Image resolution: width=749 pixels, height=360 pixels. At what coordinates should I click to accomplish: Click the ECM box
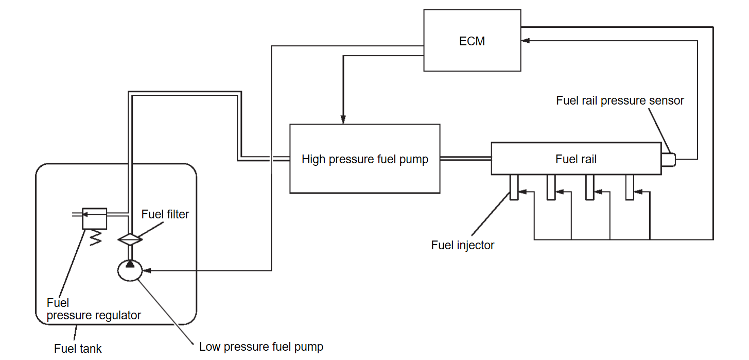click(472, 41)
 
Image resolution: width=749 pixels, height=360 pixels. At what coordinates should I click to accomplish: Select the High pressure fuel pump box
click(364, 159)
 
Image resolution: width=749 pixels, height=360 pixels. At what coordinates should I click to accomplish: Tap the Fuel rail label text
click(576, 159)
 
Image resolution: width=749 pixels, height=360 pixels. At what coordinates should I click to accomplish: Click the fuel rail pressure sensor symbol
click(668, 160)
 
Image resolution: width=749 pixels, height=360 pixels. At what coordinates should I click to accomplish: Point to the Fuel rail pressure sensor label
click(620, 100)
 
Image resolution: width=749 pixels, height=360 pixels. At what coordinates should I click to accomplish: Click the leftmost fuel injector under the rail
click(514, 187)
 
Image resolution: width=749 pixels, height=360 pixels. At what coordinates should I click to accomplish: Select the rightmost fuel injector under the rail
click(630, 187)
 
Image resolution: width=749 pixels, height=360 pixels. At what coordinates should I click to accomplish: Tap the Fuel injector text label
click(462, 245)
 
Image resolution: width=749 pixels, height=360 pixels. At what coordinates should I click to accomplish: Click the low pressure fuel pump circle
click(130, 270)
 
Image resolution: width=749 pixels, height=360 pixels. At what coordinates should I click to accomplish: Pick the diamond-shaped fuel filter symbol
click(130, 238)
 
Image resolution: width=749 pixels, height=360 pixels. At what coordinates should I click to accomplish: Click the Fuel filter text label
click(165, 214)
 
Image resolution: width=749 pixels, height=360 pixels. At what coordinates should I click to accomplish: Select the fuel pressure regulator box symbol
click(95, 218)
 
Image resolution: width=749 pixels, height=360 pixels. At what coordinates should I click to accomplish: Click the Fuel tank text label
click(78, 349)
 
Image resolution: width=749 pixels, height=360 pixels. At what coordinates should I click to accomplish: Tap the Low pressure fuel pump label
click(261, 347)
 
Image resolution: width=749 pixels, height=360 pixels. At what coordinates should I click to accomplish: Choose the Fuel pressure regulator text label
click(93, 309)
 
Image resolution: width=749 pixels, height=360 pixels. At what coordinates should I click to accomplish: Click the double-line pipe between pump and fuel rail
click(465, 159)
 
